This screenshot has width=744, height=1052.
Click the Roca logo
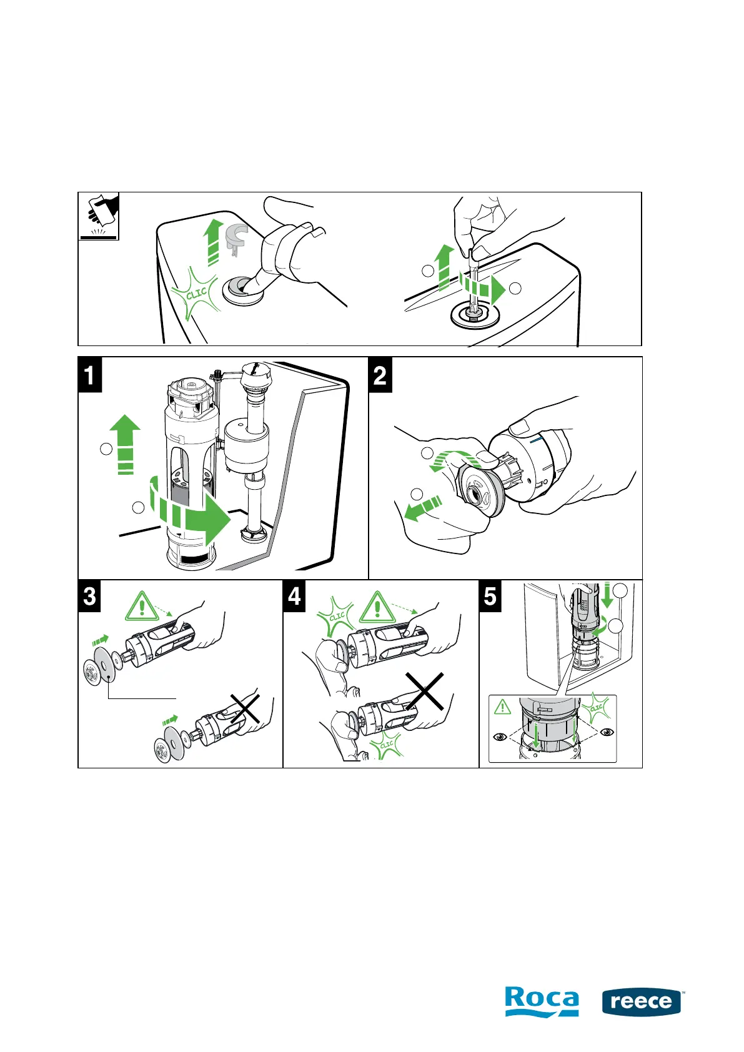tap(541, 1001)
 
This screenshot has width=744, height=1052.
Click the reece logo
tap(642, 1002)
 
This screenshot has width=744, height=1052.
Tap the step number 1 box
tap(90, 375)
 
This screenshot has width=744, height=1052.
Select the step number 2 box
tap(380, 375)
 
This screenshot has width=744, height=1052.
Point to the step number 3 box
tap(90, 595)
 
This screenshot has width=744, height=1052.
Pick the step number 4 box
tap(295, 595)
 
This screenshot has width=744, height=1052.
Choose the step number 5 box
tap(490, 595)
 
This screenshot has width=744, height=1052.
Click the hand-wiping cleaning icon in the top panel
tap(99, 216)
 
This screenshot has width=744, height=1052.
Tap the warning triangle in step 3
tap(142, 607)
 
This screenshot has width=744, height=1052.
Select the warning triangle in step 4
tap(377, 607)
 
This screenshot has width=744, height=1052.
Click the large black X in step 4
tap(425, 692)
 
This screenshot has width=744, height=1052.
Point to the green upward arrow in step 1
tap(125, 443)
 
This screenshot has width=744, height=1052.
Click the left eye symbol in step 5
tap(500, 737)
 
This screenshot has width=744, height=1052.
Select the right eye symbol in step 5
tap(606, 732)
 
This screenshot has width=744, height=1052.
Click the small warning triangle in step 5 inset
tap(503, 707)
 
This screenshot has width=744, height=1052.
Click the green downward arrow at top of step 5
tap(607, 596)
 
